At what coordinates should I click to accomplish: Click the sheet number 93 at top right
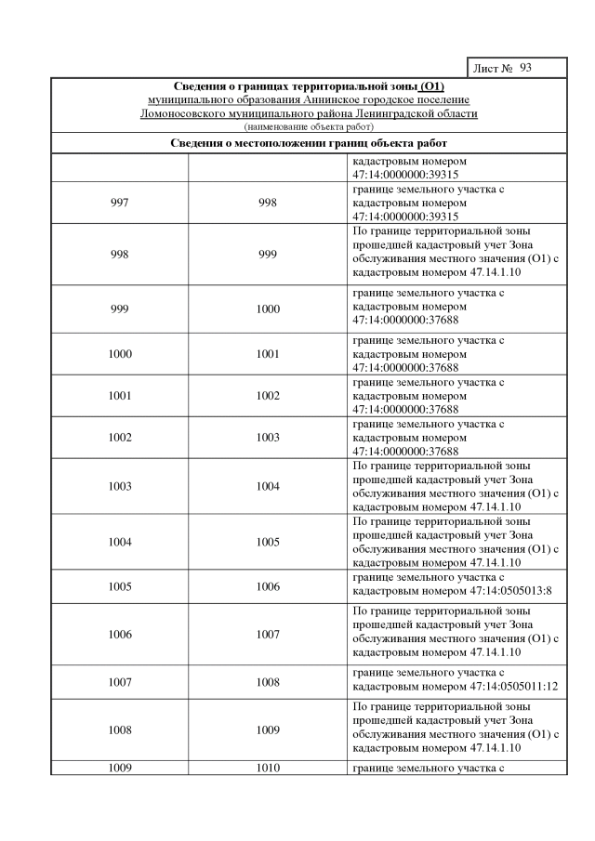coord(526,69)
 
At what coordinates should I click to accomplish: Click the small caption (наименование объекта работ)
coord(309,125)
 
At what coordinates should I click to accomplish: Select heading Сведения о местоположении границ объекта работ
coord(309,143)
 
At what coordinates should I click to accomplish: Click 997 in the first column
coord(120,204)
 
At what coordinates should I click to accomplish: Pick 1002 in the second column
coord(268,396)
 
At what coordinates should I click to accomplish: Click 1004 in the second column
coord(268,487)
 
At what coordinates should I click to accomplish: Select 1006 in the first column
coord(120,635)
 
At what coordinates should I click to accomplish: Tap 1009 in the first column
coord(120,769)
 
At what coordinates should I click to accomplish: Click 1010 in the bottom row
coord(268,769)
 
